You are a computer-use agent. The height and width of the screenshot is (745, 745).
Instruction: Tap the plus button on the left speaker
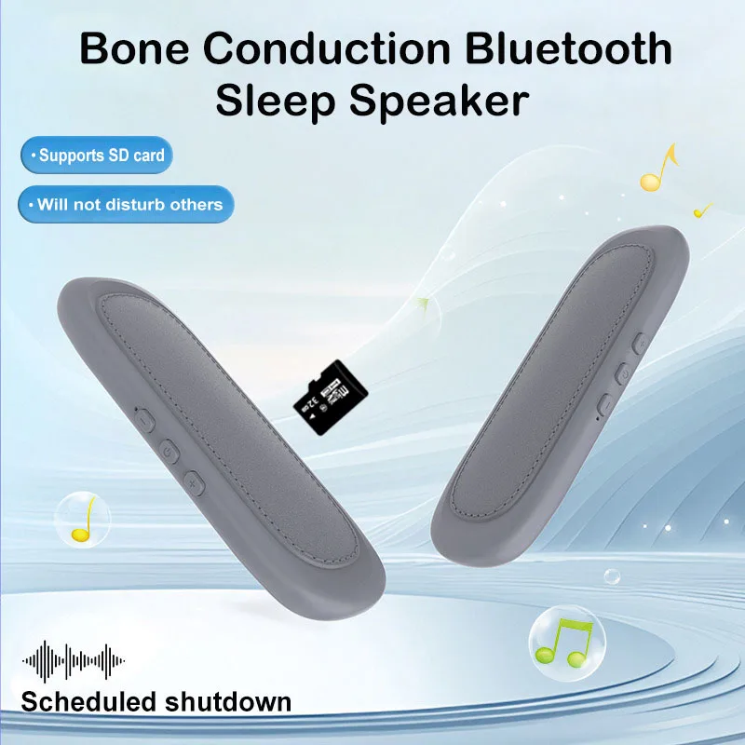click(193, 483)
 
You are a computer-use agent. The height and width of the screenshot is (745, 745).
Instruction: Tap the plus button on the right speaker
click(640, 345)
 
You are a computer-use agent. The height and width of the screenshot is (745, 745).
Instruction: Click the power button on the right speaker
click(623, 374)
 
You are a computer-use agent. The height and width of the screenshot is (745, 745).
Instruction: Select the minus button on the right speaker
click(604, 405)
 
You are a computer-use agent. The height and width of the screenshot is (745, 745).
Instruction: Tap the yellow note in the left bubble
click(82, 520)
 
